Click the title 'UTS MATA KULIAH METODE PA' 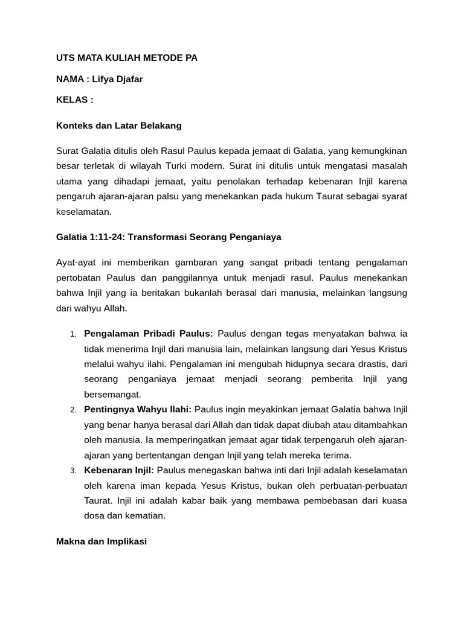(x=126, y=58)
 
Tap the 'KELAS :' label (x=75, y=100)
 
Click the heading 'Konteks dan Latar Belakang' (x=118, y=126)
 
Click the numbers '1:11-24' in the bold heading (x=109, y=237)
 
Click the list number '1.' (x=72, y=334)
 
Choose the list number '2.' (x=72, y=410)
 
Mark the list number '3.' (x=72, y=471)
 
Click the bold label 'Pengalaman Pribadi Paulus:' (x=149, y=333)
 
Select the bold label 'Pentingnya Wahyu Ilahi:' (x=138, y=409)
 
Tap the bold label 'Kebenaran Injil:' (x=119, y=470)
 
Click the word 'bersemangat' (x=112, y=394)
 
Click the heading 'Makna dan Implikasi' (x=101, y=541)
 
